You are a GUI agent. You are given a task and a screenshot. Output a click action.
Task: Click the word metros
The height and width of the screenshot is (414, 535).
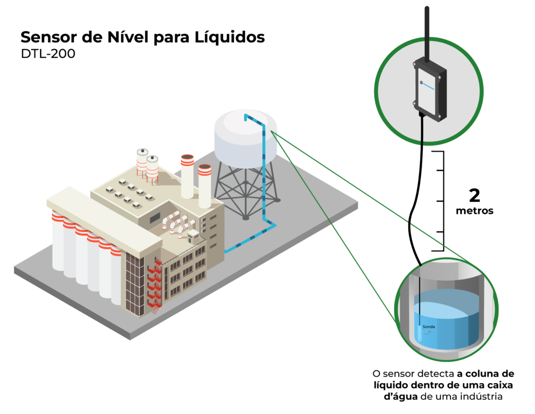point(474,212)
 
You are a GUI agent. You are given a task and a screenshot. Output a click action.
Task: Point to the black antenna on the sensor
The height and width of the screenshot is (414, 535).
point(427,31)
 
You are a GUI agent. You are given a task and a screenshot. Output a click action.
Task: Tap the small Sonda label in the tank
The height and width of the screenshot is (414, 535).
point(428,327)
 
